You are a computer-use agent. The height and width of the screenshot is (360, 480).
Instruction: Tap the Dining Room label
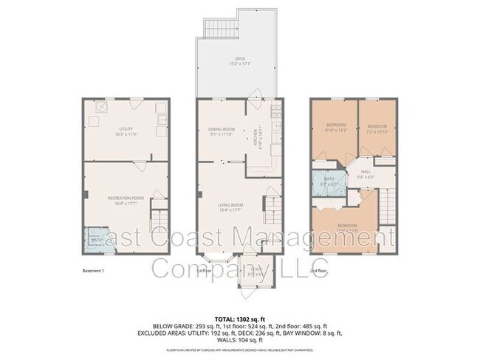click(221, 131)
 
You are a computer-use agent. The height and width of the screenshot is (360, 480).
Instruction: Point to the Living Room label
click(230, 207)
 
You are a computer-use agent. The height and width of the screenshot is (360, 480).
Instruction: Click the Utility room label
click(126, 131)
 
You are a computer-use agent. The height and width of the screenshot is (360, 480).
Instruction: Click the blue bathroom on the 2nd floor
click(326, 184)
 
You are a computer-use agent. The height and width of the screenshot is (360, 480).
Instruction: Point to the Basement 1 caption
click(95, 271)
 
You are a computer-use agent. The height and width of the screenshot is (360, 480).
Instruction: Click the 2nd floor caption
click(318, 271)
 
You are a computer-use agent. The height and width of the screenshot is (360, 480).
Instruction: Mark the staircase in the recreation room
click(157, 219)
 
